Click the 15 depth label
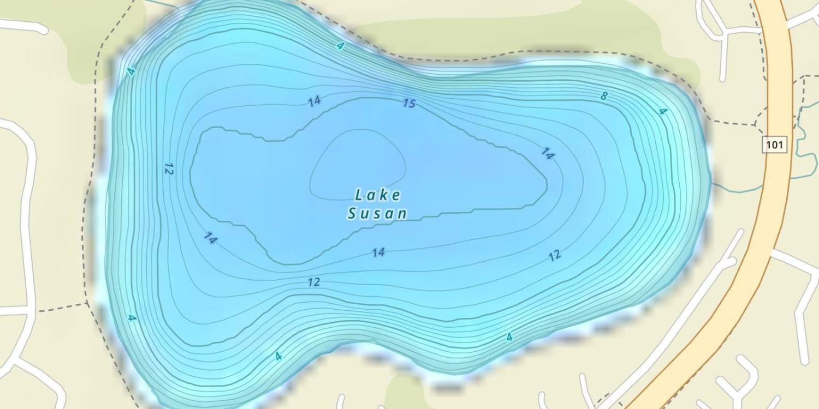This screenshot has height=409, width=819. (409, 103)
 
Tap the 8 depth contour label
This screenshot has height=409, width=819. (603, 97)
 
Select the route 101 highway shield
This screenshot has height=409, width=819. (774, 145)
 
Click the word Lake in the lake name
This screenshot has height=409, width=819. (378, 195)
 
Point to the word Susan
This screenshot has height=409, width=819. (377, 213)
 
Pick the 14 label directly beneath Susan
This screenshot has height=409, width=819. (378, 252)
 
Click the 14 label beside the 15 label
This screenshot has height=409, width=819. (314, 101)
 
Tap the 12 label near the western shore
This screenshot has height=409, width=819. (168, 169)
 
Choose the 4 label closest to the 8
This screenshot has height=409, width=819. (663, 112)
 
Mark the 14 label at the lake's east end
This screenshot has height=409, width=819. (548, 154)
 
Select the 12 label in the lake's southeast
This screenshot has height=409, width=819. (555, 255)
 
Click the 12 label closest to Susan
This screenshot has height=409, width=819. (314, 282)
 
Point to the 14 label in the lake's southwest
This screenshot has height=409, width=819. (210, 238)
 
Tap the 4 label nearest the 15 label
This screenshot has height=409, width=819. (341, 46)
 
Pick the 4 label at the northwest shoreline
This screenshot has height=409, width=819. (130, 71)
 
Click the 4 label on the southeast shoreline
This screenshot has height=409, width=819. (509, 337)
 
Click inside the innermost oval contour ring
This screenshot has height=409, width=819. (358, 164)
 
